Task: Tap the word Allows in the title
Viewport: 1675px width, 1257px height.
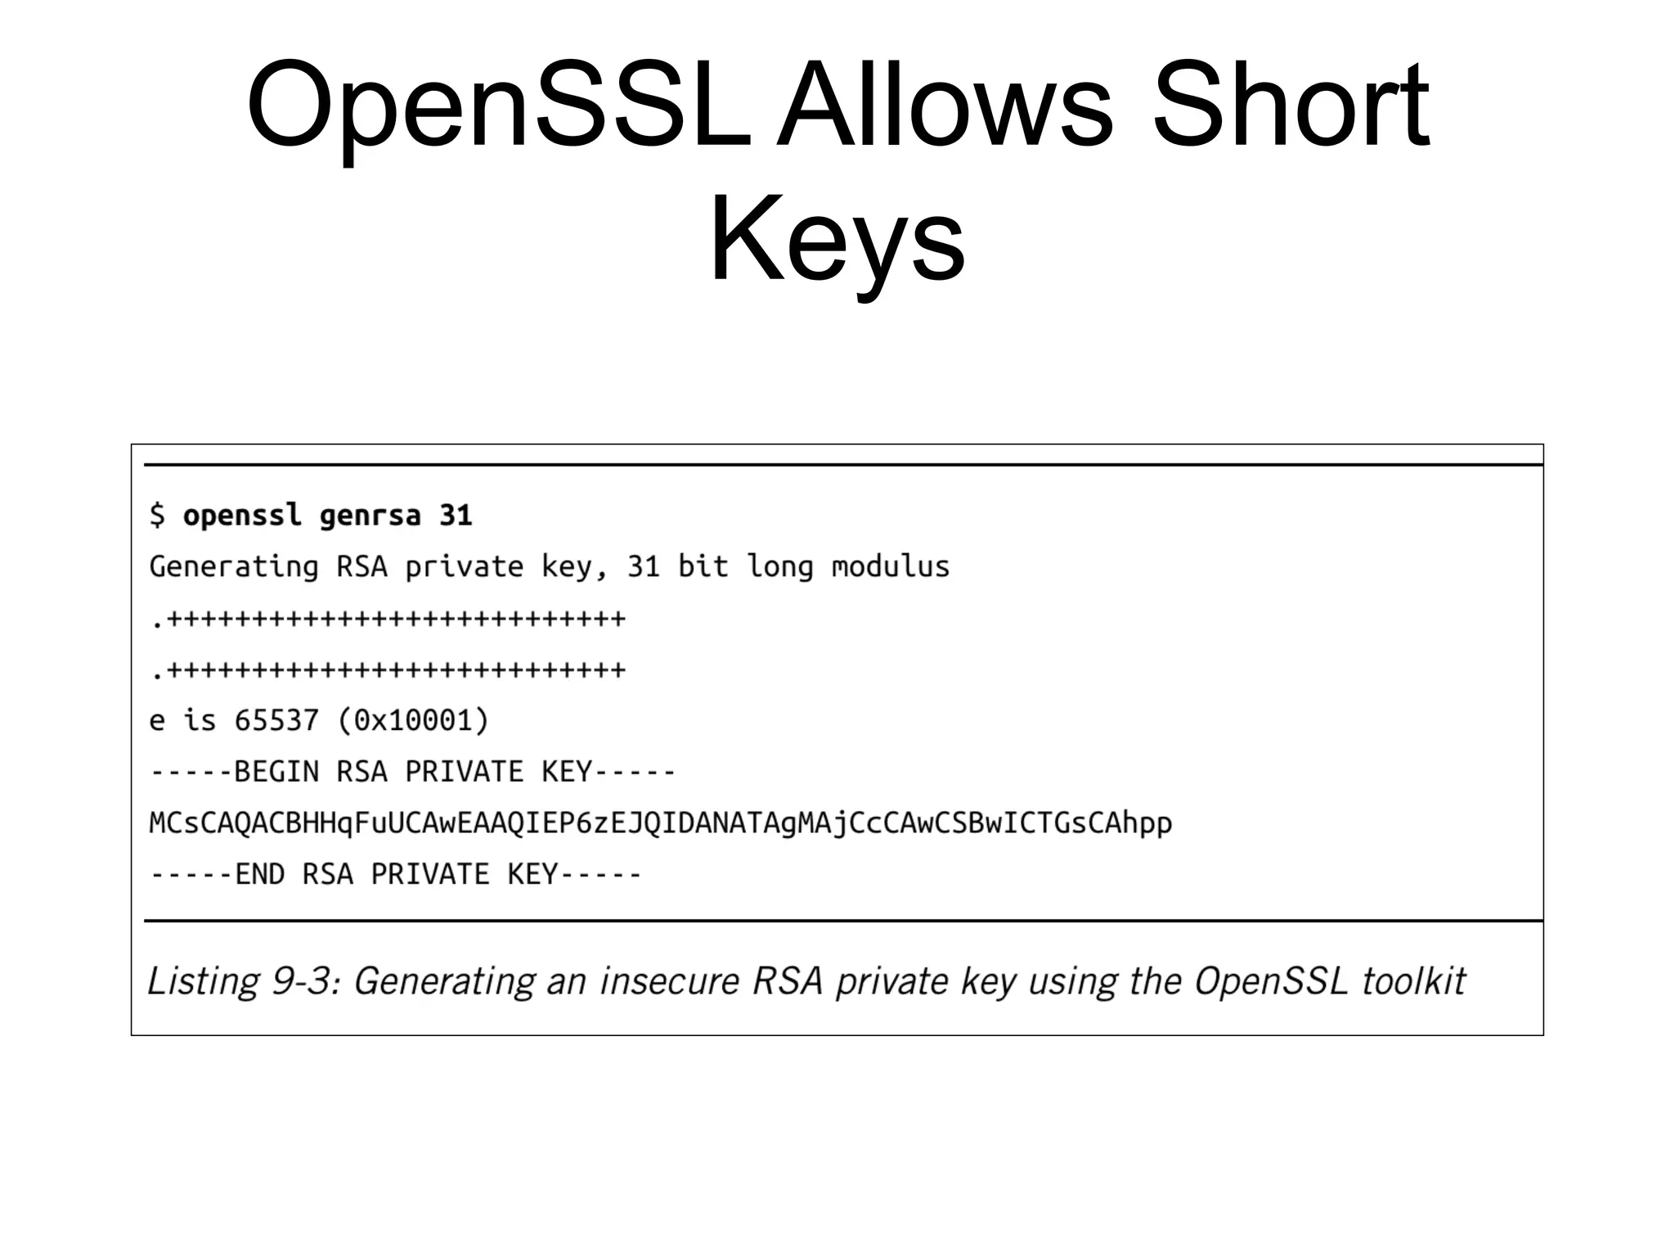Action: point(945,106)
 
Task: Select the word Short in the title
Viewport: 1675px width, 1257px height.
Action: point(1291,106)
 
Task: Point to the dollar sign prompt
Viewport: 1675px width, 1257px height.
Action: point(157,516)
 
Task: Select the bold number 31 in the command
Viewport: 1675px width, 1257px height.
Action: point(456,516)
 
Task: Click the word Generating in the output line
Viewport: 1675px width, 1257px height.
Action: point(234,567)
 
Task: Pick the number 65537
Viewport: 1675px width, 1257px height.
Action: point(276,721)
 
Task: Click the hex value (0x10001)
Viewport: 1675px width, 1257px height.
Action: point(412,721)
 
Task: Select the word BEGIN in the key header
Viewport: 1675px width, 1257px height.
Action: point(276,772)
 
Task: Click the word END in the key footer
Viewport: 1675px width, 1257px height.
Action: point(259,874)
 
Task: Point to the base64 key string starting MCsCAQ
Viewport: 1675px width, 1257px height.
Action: point(660,823)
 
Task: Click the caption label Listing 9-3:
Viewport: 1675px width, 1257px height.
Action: point(243,981)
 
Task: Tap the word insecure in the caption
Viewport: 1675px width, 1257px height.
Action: point(669,981)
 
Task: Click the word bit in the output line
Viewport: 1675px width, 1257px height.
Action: point(703,566)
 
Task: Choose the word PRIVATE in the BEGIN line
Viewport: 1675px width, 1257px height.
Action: point(464,772)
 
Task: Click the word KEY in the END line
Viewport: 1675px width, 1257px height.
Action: point(532,874)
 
